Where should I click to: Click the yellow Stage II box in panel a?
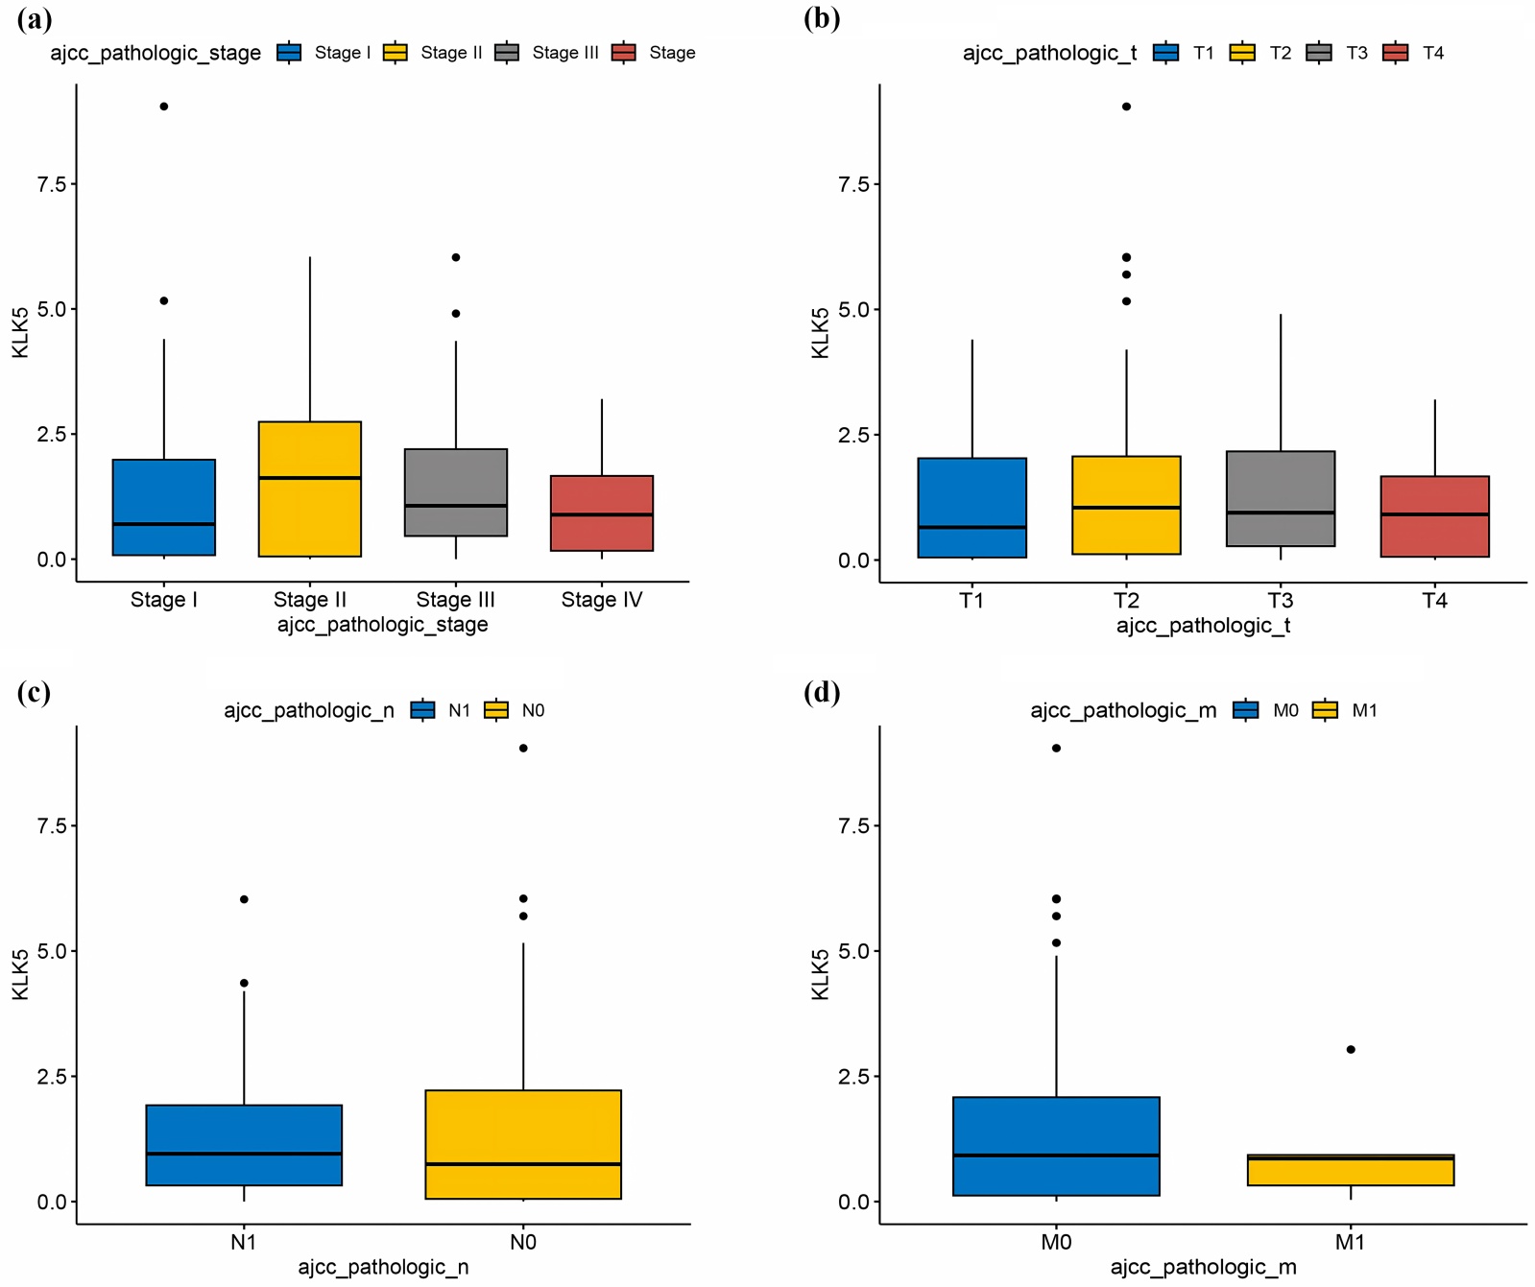coord(309,489)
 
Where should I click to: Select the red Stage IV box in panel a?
coord(602,513)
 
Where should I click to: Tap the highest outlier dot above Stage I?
coord(164,107)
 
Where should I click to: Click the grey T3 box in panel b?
coord(1280,499)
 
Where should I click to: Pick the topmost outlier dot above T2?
coord(1126,107)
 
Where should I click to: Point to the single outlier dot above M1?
coord(1351,1049)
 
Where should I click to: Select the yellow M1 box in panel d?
coord(1351,1171)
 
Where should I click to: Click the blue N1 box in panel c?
coord(244,1145)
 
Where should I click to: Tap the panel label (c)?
coord(35,693)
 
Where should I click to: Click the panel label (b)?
coord(822,19)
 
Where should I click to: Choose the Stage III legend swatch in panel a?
coord(507,53)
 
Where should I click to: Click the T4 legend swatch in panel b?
coord(1396,53)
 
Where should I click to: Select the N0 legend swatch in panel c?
coord(496,710)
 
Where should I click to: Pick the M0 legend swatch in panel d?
coord(1246,710)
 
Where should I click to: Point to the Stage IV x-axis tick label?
coord(602,600)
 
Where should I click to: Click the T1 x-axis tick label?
coord(971,601)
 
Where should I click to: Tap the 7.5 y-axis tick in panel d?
coord(853,826)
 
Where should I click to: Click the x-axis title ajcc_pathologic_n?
coord(383,1267)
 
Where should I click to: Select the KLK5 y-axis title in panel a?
coord(20,333)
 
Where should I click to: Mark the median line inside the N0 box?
coord(523,1164)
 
